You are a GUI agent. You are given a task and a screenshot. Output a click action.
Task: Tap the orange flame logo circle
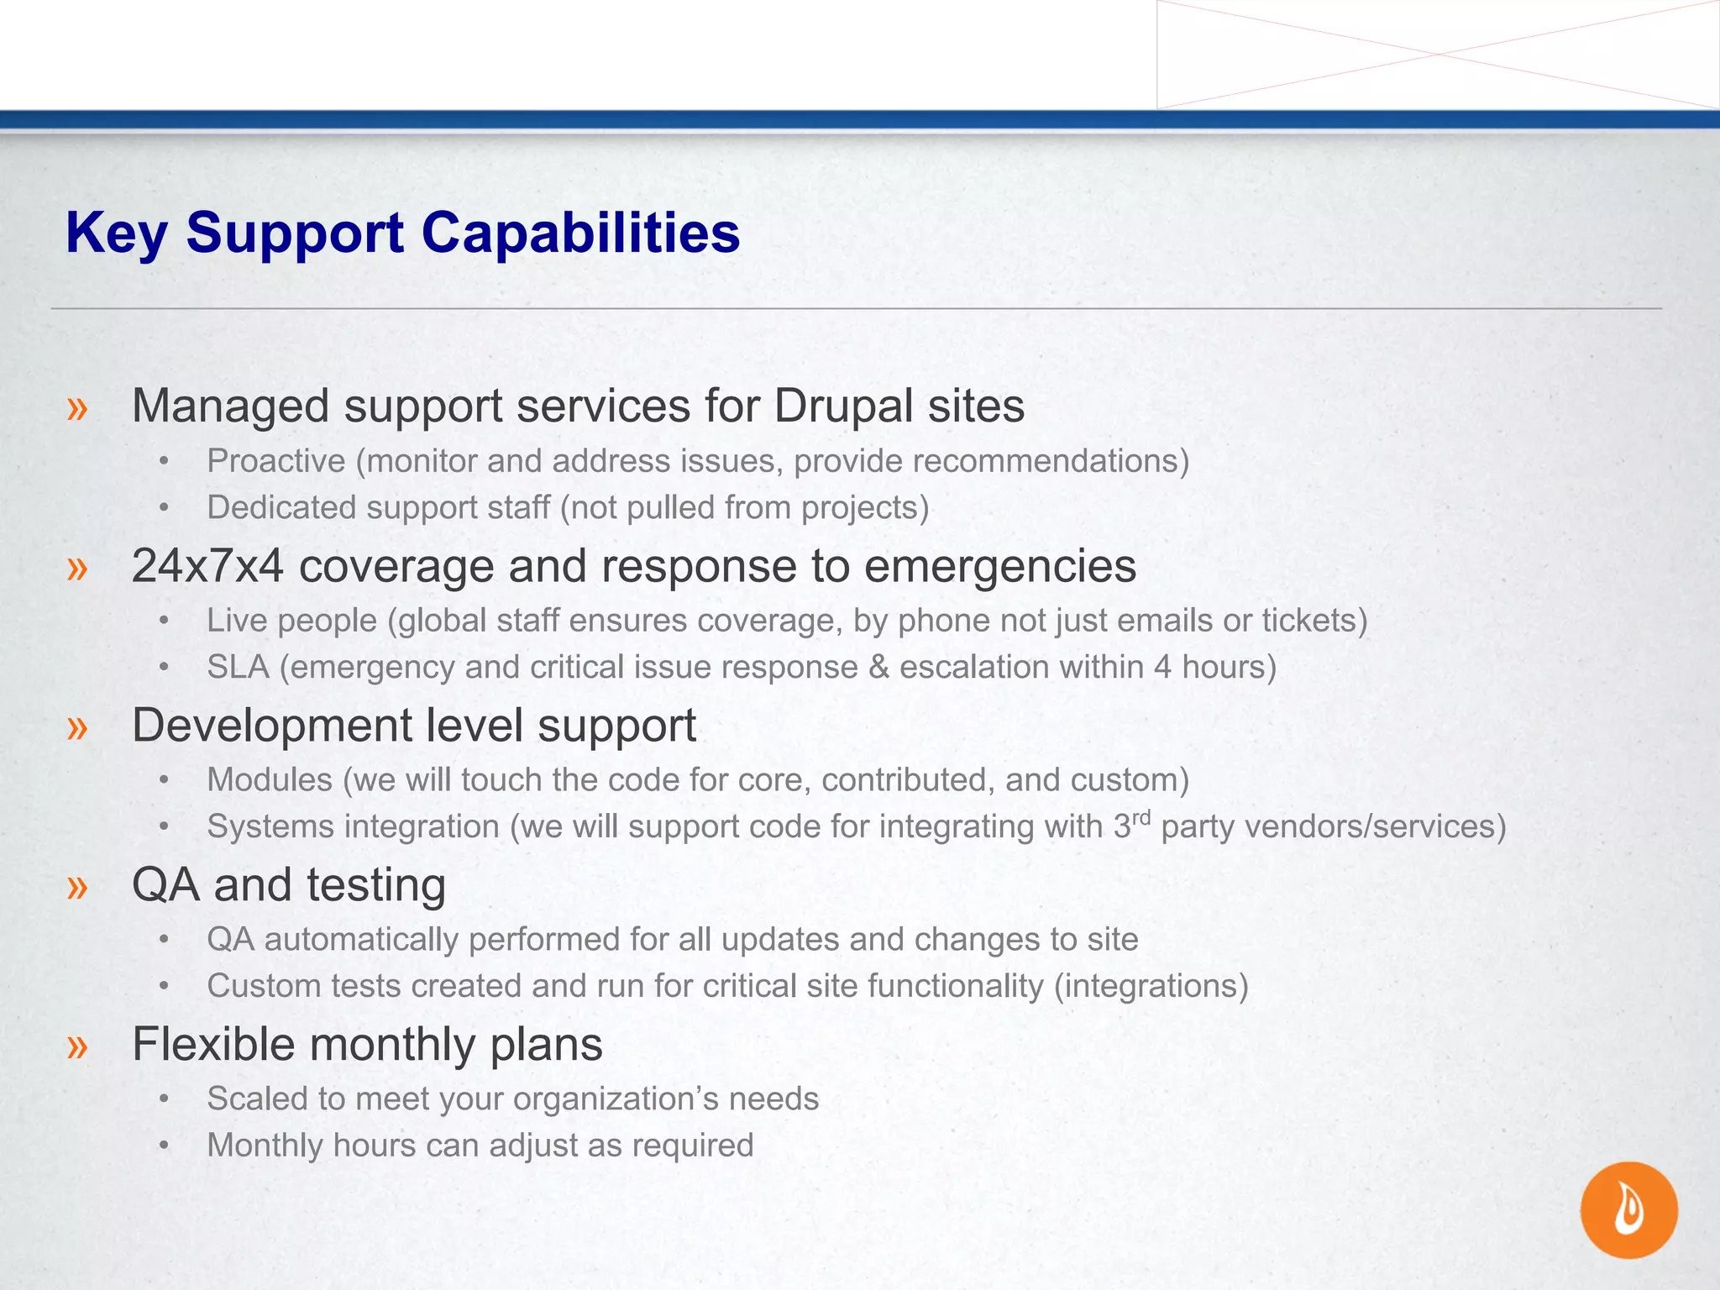coord(1628,1209)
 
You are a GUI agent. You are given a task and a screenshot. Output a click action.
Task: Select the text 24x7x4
coord(207,566)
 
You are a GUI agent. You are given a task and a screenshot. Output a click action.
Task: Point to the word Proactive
coord(276,461)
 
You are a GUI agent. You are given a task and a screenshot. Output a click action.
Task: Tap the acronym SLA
coord(239,667)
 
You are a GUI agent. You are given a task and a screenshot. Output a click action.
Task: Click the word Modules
coord(270,780)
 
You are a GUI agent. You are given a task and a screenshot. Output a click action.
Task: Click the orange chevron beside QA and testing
coord(77,887)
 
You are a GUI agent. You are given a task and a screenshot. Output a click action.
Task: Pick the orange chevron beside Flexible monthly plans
coord(77,1046)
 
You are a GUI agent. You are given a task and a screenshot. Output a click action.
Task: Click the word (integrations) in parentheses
coord(1151,986)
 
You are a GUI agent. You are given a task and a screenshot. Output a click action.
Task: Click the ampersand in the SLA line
coord(878,667)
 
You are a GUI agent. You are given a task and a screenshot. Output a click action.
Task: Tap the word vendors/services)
coord(1375,826)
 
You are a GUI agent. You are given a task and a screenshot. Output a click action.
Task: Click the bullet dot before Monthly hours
coord(165,1146)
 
